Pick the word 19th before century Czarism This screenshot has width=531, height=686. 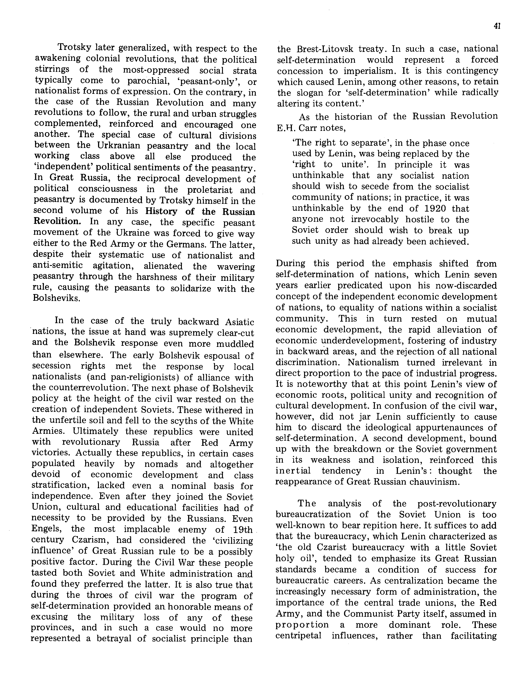point(243,530)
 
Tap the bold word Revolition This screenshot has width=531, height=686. point(57,221)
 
